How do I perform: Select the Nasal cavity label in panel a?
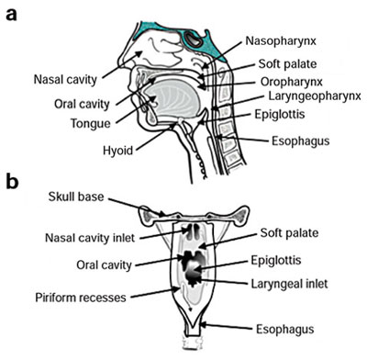pyautogui.click(x=63, y=78)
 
